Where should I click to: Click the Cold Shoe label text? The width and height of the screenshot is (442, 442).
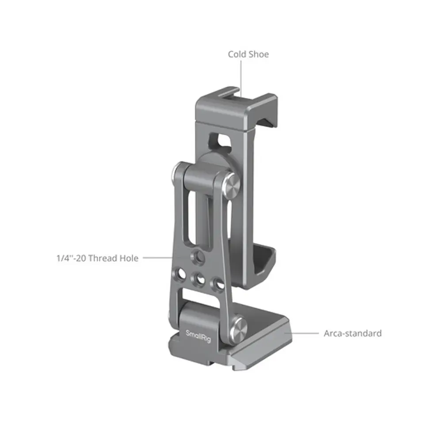[x=248, y=54]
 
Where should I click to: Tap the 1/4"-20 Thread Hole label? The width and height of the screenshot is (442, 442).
[x=98, y=258]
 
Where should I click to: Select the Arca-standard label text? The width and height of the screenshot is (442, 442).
[x=353, y=333]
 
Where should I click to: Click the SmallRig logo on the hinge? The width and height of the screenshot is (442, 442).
[x=198, y=336]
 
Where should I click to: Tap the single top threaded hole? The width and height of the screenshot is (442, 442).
[x=198, y=257]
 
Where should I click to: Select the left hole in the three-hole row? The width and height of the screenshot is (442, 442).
[x=180, y=274]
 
